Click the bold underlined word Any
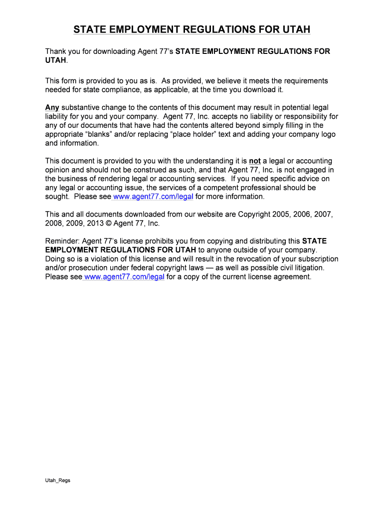pos(52,108)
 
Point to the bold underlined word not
pos(255,161)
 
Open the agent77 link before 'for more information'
pos(153,197)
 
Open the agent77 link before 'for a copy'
pos(124,277)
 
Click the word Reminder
pos(62,241)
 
